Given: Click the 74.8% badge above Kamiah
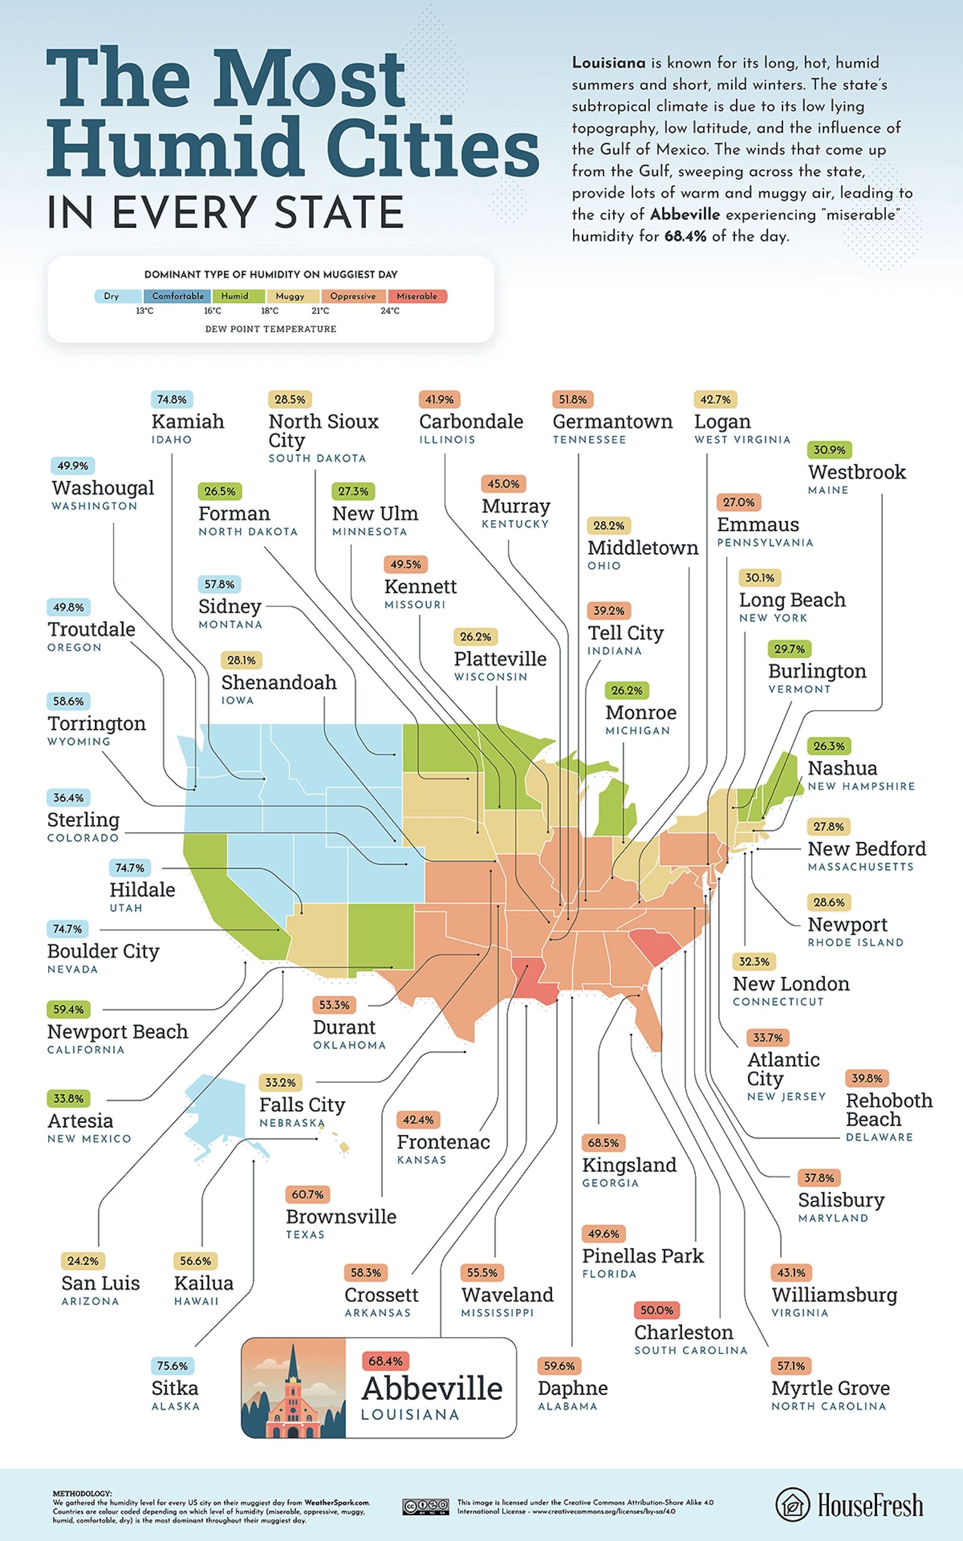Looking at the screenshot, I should [x=172, y=400].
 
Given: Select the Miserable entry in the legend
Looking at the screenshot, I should [x=416, y=296].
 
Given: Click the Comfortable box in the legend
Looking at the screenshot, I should [x=178, y=296].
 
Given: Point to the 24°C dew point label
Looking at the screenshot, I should [x=390, y=311].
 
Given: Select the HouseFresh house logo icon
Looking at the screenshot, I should [x=792, y=1505].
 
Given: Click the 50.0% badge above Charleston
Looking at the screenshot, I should [x=656, y=1310].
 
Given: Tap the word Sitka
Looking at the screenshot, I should [x=175, y=1388].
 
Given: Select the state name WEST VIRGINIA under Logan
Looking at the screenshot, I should [x=742, y=439].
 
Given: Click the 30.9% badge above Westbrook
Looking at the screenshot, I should [x=829, y=450].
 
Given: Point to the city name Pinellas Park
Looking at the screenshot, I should [x=643, y=1256].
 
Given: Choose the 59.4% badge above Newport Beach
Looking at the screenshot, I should [x=68, y=1009].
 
